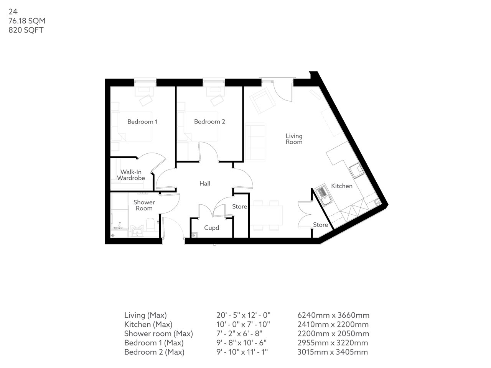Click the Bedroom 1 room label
tap(142, 122)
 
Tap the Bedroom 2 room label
tap(209, 122)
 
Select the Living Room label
tap(294, 139)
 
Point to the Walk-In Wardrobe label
tap(131, 175)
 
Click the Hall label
tap(205, 184)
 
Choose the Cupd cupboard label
tap(211, 228)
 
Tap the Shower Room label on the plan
tap(144, 205)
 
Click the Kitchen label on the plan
tap(342, 186)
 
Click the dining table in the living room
tap(268, 215)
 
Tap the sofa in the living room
tap(255, 141)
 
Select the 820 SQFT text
tap(26, 30)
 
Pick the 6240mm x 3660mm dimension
tap(333, 315)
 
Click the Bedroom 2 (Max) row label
tap(154, 352)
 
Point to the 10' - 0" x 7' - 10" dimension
tap(243, 325)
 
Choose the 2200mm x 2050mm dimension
tap(333, 334)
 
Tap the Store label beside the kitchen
tap(320, 225)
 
